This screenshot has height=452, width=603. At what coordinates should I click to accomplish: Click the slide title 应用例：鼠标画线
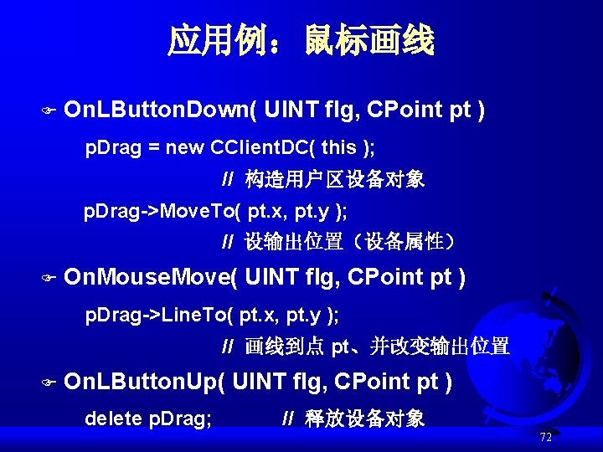(301, 40)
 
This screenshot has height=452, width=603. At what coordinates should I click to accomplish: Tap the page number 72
(545, 437)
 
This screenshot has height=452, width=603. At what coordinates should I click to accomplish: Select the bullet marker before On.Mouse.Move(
(47, 278)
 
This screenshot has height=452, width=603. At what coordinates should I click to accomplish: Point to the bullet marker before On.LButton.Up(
(47, 383)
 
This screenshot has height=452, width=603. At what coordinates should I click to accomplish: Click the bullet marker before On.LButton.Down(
(47, 110)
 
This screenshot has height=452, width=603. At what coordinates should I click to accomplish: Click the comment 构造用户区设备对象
(334, 179)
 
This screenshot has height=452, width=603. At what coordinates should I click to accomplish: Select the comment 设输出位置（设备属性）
(350, 242)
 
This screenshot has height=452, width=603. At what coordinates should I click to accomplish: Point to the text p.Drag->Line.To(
(159, 316)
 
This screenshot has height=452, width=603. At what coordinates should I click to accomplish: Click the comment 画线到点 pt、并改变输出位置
(377, 347)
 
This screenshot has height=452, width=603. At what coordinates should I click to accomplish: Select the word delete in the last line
(114, 418)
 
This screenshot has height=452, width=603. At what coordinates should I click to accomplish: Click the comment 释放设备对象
(364, 418)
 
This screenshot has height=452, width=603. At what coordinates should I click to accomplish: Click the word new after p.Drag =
(183, 148)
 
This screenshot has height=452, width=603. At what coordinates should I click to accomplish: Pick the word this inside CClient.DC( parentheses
(338, 148)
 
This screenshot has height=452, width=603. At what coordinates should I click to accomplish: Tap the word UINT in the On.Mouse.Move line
(271, 277)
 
